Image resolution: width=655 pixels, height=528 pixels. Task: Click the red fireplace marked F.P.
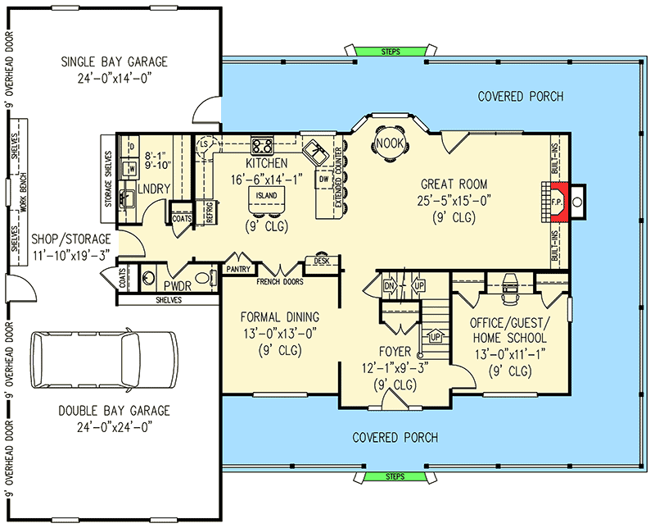click(558, 202)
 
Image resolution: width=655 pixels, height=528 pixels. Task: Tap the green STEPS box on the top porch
click(391, 52)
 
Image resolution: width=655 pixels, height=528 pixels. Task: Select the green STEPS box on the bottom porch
click(395, 476)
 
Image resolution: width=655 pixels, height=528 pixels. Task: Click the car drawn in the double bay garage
click(105, 360)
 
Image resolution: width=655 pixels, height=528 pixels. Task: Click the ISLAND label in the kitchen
click(267, 195)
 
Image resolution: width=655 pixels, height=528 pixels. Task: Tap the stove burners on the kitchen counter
click(262, 146)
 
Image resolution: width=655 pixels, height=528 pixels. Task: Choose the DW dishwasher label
click(324, 180)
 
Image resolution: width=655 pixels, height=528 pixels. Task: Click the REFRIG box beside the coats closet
click(210, 212)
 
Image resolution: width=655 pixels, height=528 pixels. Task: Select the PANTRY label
click(238, 269)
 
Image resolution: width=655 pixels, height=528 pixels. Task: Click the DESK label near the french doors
click(322, 261)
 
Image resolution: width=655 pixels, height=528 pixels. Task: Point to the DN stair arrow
click(389, 286)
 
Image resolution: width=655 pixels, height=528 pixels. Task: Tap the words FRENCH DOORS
click(280, 281)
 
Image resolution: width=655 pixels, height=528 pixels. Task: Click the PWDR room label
click(178, 286)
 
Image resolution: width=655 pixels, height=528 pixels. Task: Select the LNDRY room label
click(154, 189)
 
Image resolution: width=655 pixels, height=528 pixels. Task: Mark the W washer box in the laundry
click(132, 169)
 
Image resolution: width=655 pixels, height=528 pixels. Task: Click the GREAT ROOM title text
click(454, 184)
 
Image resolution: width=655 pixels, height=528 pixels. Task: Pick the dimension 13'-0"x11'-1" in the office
click(509, 354)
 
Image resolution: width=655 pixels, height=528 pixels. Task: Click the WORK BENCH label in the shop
click(24, 192)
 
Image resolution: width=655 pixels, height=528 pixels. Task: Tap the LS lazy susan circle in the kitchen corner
click(204, 144)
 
